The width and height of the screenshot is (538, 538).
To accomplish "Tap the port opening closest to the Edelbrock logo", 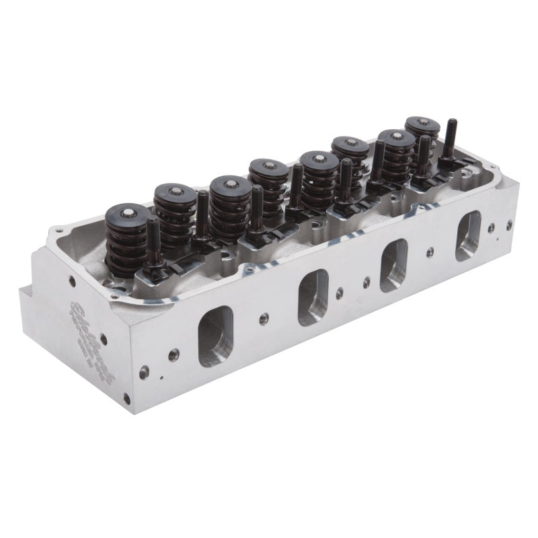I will point(215,336).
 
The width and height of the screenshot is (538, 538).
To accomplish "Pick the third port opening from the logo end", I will point(394,265).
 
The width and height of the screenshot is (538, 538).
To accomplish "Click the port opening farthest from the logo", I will point(468,236).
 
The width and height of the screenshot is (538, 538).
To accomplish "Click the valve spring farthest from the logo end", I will point(422,134).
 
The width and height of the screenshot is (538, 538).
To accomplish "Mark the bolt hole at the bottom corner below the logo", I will point(126,398).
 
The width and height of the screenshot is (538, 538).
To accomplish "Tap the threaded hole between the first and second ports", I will point(264,318).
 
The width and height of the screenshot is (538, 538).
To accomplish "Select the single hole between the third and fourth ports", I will point(430,254).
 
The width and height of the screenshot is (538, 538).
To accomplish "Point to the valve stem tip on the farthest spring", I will point(422,123).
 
